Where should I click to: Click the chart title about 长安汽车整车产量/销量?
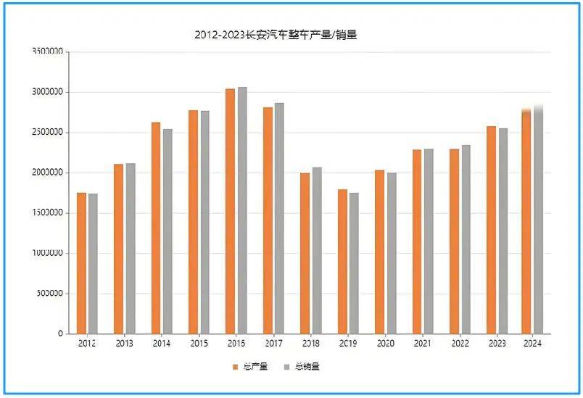(276, 35)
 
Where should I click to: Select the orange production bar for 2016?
(230, 211)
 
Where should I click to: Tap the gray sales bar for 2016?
(242, 210)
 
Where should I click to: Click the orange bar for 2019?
(342, 261)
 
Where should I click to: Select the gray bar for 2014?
(168, 231)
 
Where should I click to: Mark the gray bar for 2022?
(466, 239)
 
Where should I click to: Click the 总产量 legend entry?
(251, 367)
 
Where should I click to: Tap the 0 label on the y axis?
(60, 334)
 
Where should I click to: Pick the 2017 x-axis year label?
(273, 344)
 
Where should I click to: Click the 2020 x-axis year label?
(385, 344)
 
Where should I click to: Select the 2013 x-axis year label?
(124, 344)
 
